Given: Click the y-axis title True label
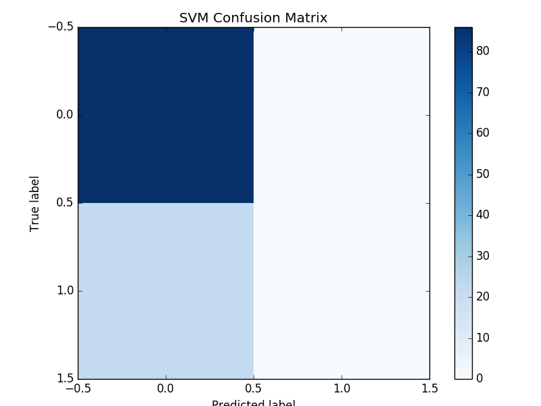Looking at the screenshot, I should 35,203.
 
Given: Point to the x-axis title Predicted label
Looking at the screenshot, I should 254,403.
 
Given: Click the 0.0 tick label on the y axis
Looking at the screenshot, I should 64,115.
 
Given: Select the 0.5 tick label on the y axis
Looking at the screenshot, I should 64,203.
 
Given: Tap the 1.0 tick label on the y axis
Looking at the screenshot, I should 64,291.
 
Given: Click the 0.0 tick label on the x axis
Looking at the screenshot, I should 166,388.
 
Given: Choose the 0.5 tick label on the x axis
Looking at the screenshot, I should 254,388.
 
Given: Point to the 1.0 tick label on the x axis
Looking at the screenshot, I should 342,388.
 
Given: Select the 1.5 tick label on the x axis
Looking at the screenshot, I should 429,388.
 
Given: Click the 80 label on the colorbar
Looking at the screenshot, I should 483,51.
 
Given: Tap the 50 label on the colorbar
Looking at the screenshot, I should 483,174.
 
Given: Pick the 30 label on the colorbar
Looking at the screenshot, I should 483,256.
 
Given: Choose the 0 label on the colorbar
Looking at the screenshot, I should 479,378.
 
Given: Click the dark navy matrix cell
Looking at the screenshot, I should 166,115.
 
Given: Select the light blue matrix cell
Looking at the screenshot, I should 166,291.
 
